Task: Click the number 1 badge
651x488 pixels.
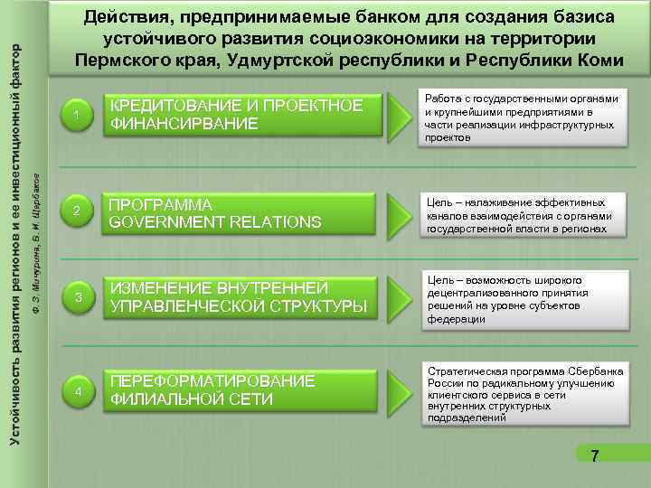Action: point(79,115)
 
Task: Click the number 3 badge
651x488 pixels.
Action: point(79,298)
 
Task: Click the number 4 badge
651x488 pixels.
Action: point(79,390)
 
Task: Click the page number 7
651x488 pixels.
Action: point(593,456)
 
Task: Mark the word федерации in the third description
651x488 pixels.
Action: point(454,319)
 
